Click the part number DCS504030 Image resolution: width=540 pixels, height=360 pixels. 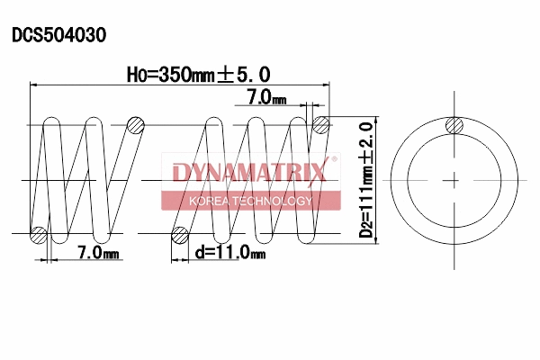tap(58, 36)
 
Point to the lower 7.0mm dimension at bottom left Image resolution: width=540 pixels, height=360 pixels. tap(98, 253)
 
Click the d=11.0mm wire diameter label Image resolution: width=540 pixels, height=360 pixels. tap(230, 253)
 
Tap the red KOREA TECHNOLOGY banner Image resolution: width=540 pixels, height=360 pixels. tap(249, 201)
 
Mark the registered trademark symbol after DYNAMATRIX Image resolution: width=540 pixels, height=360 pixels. tap(335, 161)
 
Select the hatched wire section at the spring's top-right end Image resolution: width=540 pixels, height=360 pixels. tap(320, 124)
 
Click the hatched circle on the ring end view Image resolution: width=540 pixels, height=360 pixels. tap(455, 127)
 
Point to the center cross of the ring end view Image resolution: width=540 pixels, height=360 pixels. tap(455, 180)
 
